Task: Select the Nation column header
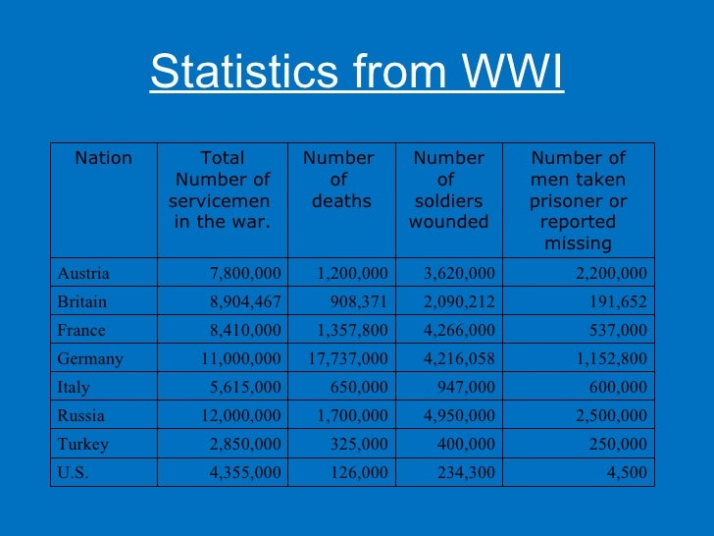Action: pos(103,158)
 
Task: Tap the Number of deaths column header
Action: pos(339,180)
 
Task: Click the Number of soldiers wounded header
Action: pos(448,189)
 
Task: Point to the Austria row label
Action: pos(83,273)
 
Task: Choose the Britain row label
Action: pos(82,301)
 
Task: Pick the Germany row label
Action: pos(90,358)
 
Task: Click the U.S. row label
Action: pos(73,472)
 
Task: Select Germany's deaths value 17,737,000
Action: pos(347,358)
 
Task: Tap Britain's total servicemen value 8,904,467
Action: pos(240,301)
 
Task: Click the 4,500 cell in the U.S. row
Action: pos(627,472)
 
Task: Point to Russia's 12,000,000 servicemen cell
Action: pos(240,415)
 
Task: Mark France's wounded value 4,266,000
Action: pos(458,330)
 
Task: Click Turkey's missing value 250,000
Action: pos(617,444)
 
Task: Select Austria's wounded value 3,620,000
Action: pos(458,273)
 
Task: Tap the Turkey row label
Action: pos(83,444)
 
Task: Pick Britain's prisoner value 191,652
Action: pos(617,301)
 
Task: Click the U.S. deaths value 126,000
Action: pos(357,472)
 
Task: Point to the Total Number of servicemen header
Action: pos(222,189)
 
